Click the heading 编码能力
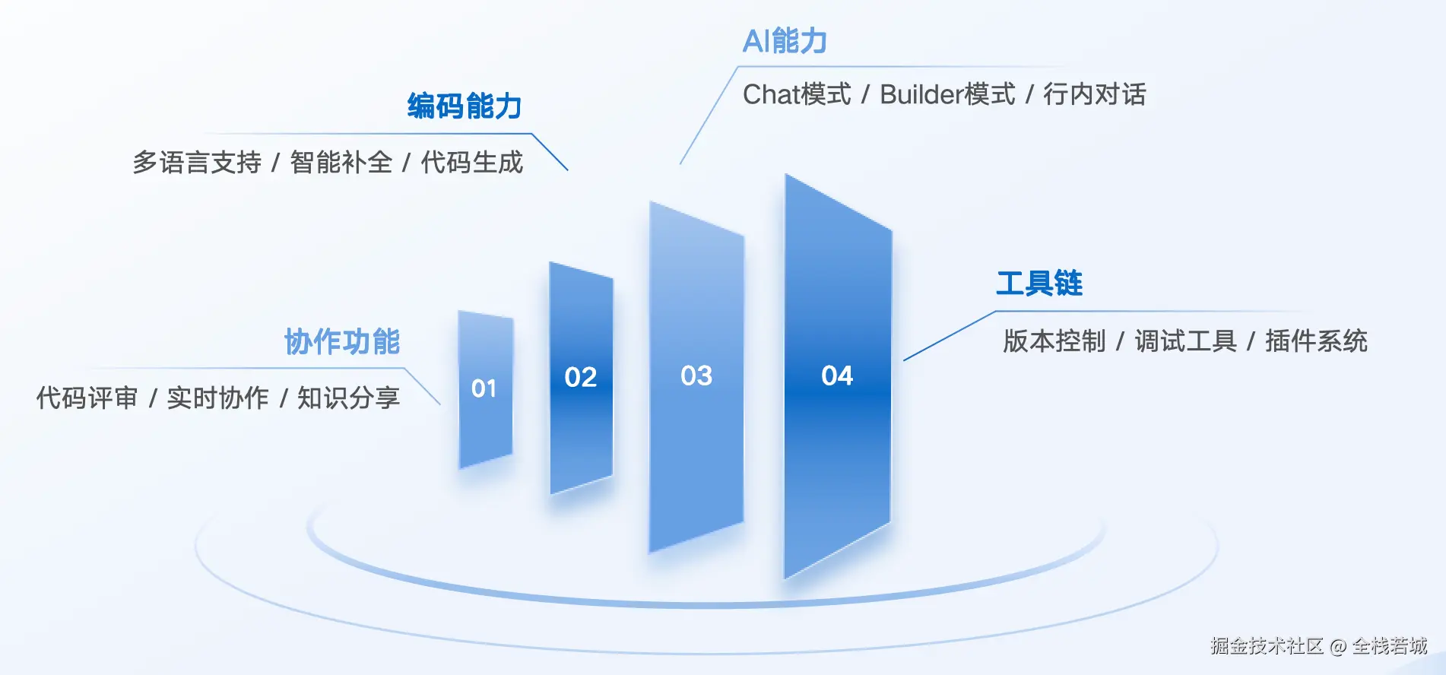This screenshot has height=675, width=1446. [x=465, y=106]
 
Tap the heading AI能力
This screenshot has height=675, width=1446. [x=785, y=41]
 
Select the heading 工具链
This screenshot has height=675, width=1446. [x=1039, y=284]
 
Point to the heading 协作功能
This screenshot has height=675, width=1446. [x=342, y=342]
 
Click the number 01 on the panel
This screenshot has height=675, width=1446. [x=484, y=388]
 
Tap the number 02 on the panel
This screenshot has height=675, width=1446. [x=581, y=377]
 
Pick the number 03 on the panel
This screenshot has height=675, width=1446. [x=696, y=376]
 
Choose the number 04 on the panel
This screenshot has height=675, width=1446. [x=837, y=376]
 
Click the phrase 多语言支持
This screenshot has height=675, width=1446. [x=197, y=163]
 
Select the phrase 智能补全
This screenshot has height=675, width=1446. [x=341, y=163]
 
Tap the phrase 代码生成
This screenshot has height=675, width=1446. [x=472, y=163]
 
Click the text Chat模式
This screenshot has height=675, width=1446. [x=797, y=94]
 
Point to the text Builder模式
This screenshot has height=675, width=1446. [x=947, y=94]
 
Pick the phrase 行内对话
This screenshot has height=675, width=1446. [x=1095, y=94]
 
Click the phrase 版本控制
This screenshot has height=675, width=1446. [x=1054, y=341]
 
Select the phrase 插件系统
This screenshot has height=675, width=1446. [x=1317, y=341]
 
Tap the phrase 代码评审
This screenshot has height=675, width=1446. [x=87, y=398]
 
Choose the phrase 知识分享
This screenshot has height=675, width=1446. [x=349, y=398]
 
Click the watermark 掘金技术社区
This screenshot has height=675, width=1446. [x=1267, y=646]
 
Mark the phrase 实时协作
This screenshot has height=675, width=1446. [x=218, y=398]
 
